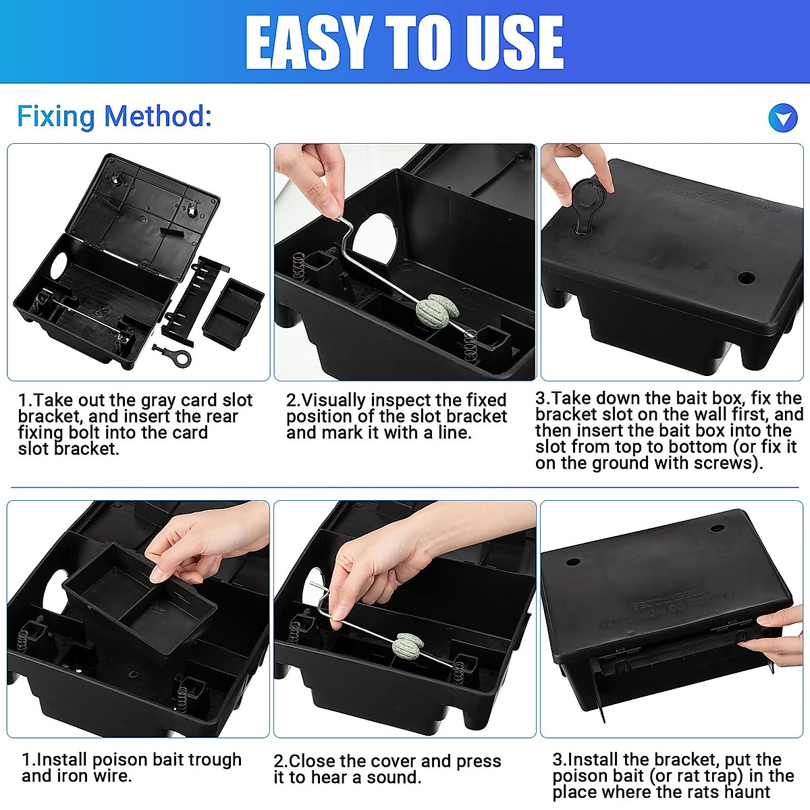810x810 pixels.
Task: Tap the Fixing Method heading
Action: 114,116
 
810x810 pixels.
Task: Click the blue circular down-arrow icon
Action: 783,119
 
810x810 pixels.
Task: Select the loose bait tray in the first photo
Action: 233,313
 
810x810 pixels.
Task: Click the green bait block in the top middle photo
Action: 437,310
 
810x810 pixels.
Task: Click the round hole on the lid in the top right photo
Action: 746,277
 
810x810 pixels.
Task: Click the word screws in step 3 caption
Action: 724,463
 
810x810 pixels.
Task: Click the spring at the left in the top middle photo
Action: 298,265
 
